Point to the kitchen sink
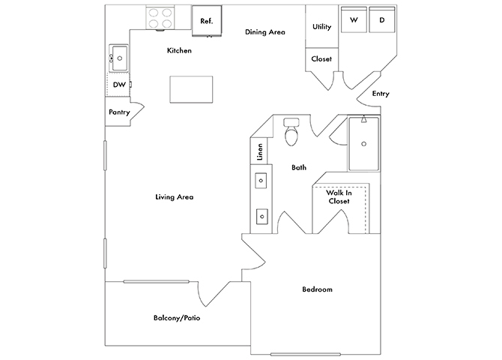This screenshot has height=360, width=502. pyautogui.click(x=119, y=57)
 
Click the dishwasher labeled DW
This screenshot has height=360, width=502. pyautogui.click(x=118, y=85)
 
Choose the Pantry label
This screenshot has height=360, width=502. pyautogui.click(x=119, y=112)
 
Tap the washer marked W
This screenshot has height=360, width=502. pyautogui.click(x=354, y=20)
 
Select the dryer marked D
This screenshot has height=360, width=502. pyautogui.click(x=381, y=20)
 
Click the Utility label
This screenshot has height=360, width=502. pyautogui.click(x=322, y=27)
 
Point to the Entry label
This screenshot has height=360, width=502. pyautogui.click(x=380, y=94)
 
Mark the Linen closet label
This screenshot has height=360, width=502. pyautogui.click(x=260, y=151)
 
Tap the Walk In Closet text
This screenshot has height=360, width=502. pyautogui.click(x=338, y=196)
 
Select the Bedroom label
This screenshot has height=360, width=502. pyautogui.click(x=317, y=289)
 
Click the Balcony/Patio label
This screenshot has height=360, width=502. pyautogui.click(x=176, y=318)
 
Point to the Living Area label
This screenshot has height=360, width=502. pyautogui.click(x=175, y=197)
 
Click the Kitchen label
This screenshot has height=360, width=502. pyautogui.click(x=179, y=51)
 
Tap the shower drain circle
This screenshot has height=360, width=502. pyautogui.click(x=364, y=142)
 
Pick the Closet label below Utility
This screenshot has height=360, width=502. pyautogui.click(x=321, y=58)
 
